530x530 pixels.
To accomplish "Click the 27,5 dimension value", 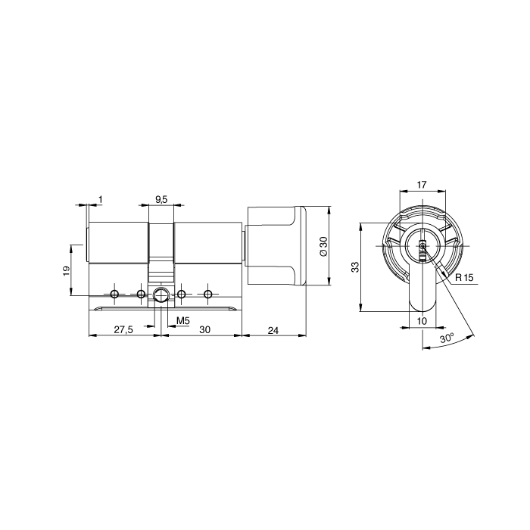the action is click(123, 329).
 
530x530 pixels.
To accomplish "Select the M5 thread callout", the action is click(183, 321).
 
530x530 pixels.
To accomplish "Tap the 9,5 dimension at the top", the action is click(161, 200).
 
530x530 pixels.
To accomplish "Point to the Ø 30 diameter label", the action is click(323, 246).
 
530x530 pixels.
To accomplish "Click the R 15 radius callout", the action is click(464, 278).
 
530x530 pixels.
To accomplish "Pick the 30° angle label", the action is click(447, 338).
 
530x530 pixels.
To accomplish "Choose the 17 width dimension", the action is click(422, 185).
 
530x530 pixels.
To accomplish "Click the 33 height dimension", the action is click(355, 267).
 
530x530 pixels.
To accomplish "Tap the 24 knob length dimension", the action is click(273, 330).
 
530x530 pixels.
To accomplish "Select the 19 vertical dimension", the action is click(67, 270).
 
